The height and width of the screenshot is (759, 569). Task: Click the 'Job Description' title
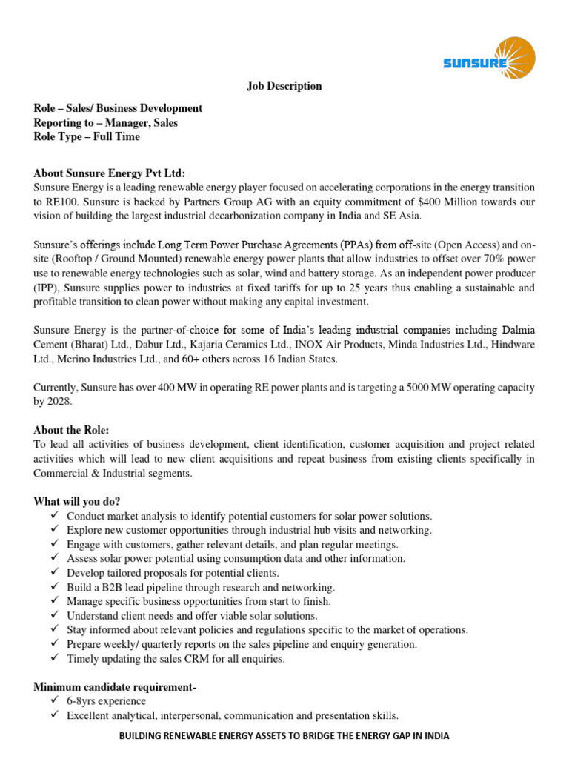point(284,86)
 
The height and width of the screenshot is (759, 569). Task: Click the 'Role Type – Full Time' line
point(87,136)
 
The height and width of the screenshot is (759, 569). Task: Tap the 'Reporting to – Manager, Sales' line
point(106,122)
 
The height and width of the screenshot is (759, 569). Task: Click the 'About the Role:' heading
point(71,430)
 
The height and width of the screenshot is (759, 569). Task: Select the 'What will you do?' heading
point(77,501)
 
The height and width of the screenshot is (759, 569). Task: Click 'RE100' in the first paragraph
point(62,202)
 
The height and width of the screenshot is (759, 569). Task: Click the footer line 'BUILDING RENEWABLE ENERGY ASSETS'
point(284,737)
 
